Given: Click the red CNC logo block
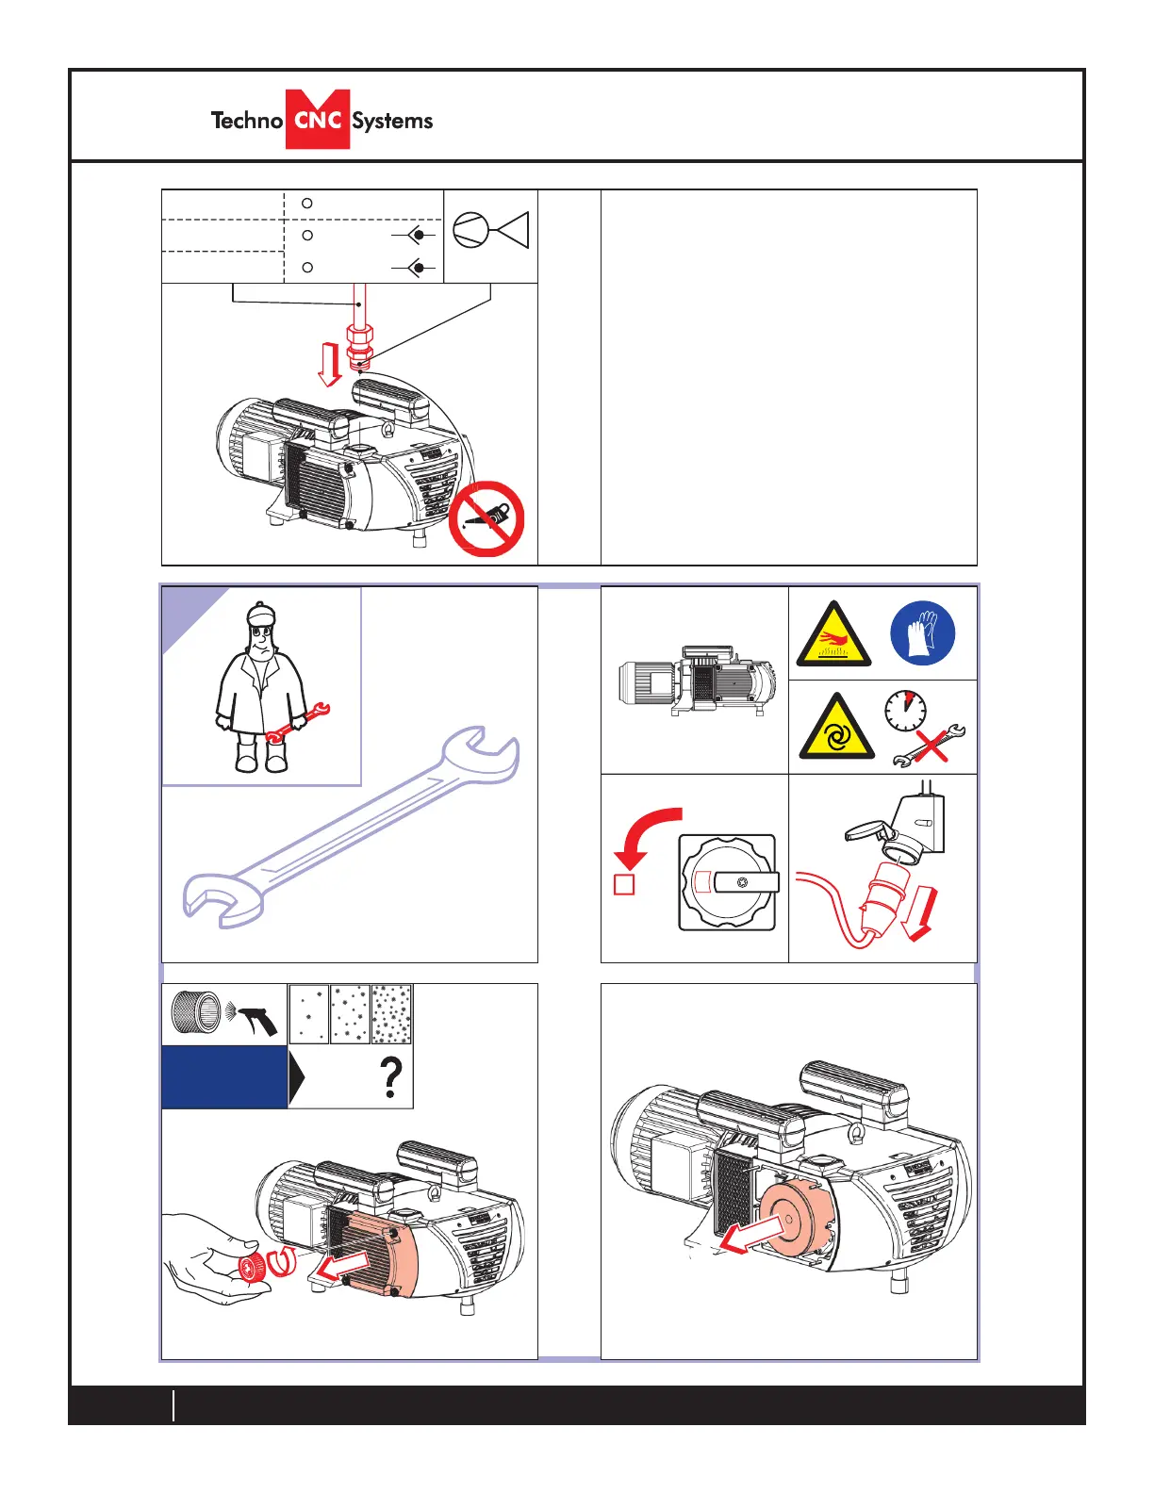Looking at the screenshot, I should tap(318, 120).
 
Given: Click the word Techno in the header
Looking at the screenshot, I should tap(246, 121).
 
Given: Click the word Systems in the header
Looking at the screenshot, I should tap(392, 121).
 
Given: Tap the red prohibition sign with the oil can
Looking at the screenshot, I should tap(486, 518).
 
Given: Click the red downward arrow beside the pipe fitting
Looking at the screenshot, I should tap(329, 365).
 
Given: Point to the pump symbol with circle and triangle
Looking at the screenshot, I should tap(490, 230).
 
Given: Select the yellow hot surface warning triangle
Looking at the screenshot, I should tap(833, 636).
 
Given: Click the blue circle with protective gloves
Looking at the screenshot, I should tap(922, 632).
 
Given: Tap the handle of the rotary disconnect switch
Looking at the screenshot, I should tap(746, 882).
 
